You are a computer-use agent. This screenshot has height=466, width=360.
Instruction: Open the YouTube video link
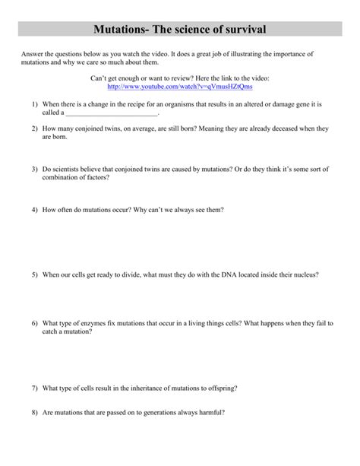[x=179, y=87]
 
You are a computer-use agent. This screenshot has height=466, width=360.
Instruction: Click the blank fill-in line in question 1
[x=114, y=113]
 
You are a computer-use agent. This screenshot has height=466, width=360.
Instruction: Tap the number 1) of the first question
[x=35, y=104]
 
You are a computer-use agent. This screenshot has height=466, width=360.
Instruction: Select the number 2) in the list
[x=35, y=129]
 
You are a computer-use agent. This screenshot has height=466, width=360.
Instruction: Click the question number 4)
[x=35, y=208]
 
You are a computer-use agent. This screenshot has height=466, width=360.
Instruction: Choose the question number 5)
[x=35, y=273]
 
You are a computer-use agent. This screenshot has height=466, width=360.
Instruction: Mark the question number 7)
[x=35, y=388]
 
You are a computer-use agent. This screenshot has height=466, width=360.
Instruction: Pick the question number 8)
[x=35, y=413]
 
